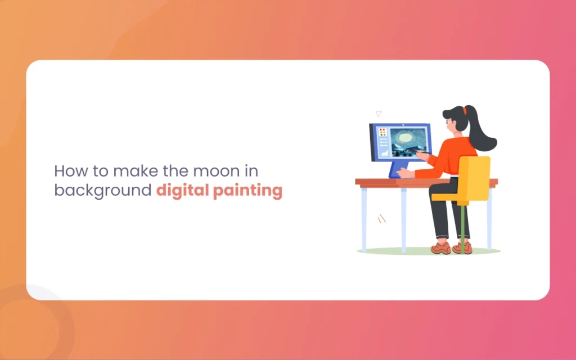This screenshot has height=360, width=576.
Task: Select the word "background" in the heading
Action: tap(103, 191)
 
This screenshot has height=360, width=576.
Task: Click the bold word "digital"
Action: tap(183, 191)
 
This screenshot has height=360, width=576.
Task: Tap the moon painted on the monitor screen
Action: tap(405, 138)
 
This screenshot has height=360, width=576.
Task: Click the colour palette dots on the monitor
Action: tap(382, 132)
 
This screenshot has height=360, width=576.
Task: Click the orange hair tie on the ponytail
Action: tap(465, 110)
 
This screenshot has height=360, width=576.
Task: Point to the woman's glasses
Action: tap(448, 122)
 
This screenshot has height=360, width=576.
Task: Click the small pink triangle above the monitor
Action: tap(379, 114)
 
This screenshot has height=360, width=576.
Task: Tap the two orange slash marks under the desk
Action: tap(382, 219)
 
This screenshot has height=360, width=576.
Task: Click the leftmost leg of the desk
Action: tap(364, 220)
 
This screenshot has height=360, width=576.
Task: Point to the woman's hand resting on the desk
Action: tap(406, 172)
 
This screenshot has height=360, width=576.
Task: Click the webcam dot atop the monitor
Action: tap(403, 125)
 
